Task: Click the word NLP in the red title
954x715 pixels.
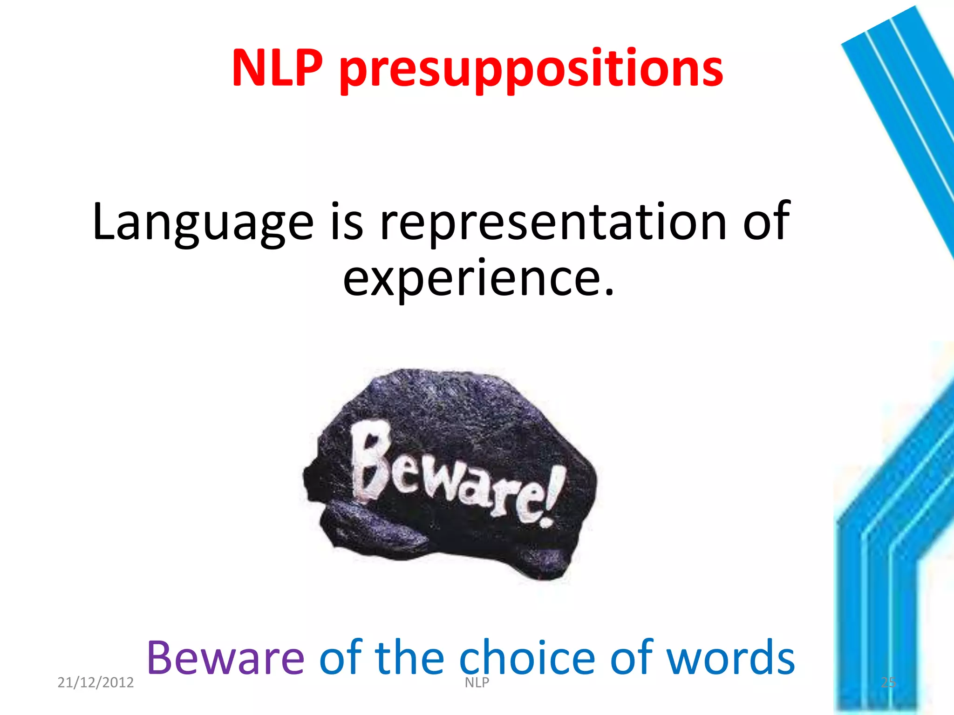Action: tap(277, 69)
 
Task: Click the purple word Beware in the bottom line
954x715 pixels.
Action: tap(225, 657)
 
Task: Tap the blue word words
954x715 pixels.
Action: tap(731, 657)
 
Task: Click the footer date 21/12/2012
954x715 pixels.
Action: tap(95, 682)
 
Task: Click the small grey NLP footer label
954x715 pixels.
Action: tap(477, 682)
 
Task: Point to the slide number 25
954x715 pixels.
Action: tap(888, 682)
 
